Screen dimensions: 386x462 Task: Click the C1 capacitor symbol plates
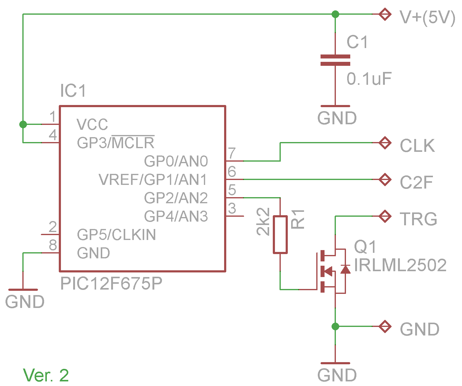pyautogui.click(x=335, y=60)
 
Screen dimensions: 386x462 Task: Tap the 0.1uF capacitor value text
pyautogui.click(x=369, y=79)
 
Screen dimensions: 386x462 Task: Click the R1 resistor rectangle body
pyautogui.click(x=280, y=234)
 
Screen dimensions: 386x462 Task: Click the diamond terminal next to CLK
pyautogui.click(x=385, y=143)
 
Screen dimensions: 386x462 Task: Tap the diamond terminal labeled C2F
pyautogui.click(x=385, y=179)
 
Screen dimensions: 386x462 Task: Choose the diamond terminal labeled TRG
pyautogui.click(x=385, y=216)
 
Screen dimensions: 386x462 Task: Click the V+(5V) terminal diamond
pyautogui.click(x=385, y=14)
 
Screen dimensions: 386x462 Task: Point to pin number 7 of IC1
pyautogui.click(x=232, y=153)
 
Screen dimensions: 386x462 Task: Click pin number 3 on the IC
pyautogui.click(x=232, y=208)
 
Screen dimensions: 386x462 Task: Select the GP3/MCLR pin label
pyautogui.click(x=115, y=142)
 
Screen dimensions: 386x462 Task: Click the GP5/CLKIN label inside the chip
pyautogui.click(x=116, y=235)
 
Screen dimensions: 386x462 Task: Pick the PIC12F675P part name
pyautogui.click(x=111, y=284)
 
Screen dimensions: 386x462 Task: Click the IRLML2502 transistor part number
pyautogui.click(x=400, y=265)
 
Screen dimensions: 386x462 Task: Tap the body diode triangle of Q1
pyautogui.click(x=345, y=270)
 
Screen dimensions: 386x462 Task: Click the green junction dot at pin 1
pyautogui.click(x=23, y=124)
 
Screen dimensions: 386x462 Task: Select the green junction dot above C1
pyautogui.click(x=335, y=14)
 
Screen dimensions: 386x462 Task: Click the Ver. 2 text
pyautogui.click(x=46, y=375)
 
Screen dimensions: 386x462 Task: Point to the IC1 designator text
pyautogui.click(x=73, y=91)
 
